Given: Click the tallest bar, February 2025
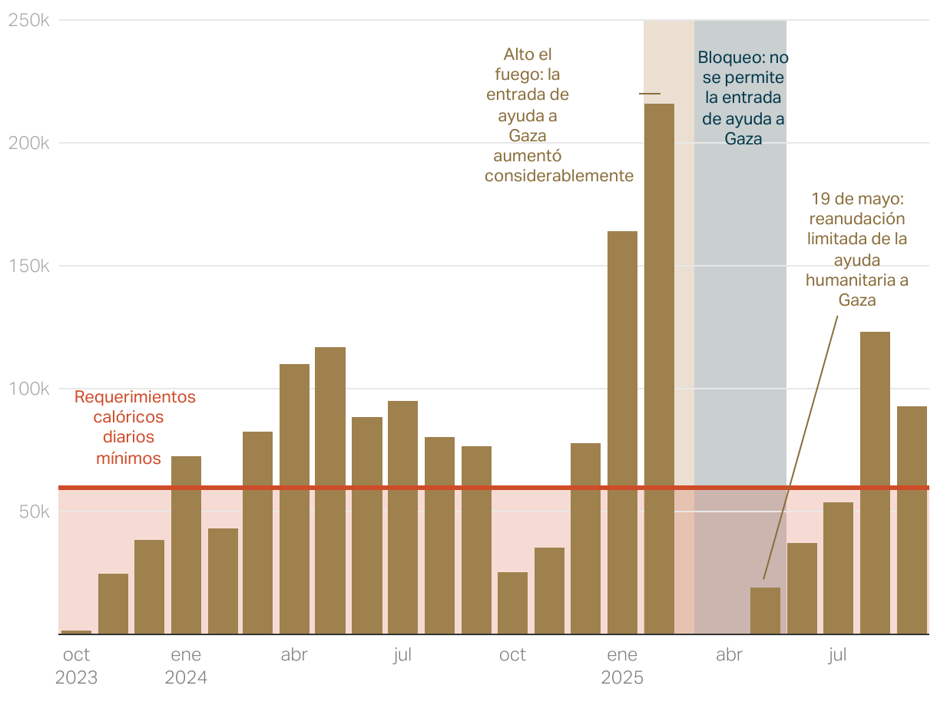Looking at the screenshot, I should click(x=659, y=369).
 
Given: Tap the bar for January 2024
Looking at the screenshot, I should click(x=186, y=545).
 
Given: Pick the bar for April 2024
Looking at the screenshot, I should click(x=294, y=499).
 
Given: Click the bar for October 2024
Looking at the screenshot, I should click(x=512, y=603).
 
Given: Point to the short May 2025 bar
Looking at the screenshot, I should click(x=765, y=611).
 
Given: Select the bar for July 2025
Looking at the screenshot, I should click(x=838, y=568).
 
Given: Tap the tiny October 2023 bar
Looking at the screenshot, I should click(x=76, y=632).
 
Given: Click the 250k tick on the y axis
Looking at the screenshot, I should click(x=29, y=21).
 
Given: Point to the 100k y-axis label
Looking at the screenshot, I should click(x=29, y=389).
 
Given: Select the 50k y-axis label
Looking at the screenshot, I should click(x=34, y=512).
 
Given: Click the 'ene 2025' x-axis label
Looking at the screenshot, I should click(x=622, y=667).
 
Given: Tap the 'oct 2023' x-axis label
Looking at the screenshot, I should click(x=76, y=667).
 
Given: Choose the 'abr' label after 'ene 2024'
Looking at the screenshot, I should click(x=294, y=655).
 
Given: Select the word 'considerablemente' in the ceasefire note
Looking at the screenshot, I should click(x=559, y=176).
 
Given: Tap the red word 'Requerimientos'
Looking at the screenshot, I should click(x=135, y=397).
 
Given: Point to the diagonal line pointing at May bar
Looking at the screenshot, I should click(x=799, y=445).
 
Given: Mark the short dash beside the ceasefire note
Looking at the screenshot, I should click(x=650, y=94).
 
